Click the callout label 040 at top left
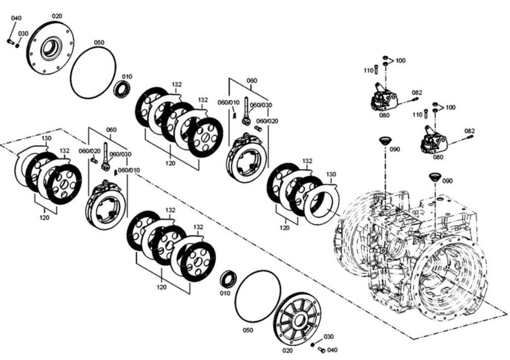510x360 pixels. pyautogui.click(x=16, y=18)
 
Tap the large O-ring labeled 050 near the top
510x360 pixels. pyautogui.click(x=93, y=72)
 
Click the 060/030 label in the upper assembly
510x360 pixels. pyautogui.click(x=262, y=105)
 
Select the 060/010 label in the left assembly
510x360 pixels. pyautogui.click(x=129, y=170)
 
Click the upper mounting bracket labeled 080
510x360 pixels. pyautogui.click(x=384, y=98)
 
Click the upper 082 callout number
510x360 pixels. pyautogui.click(x=417, y=93)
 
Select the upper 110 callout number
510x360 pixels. pyautogui.click(x=368, y=71)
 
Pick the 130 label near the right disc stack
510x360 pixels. pyautogui.click(x=330, y=174)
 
